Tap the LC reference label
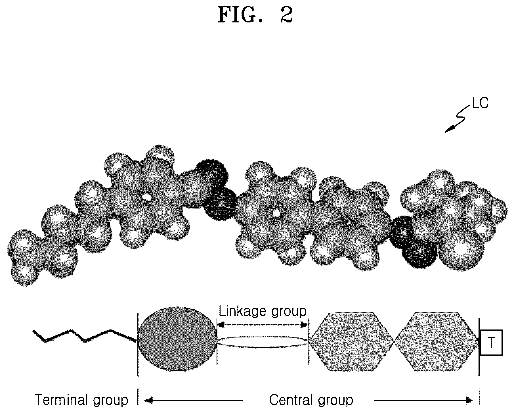point(480,104)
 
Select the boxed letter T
point(491,343)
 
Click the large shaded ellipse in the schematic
point(177,339)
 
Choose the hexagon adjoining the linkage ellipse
point(352,342)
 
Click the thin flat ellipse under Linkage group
point(263,342)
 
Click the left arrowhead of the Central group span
point(148,401)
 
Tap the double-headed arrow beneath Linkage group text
point(263,324)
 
